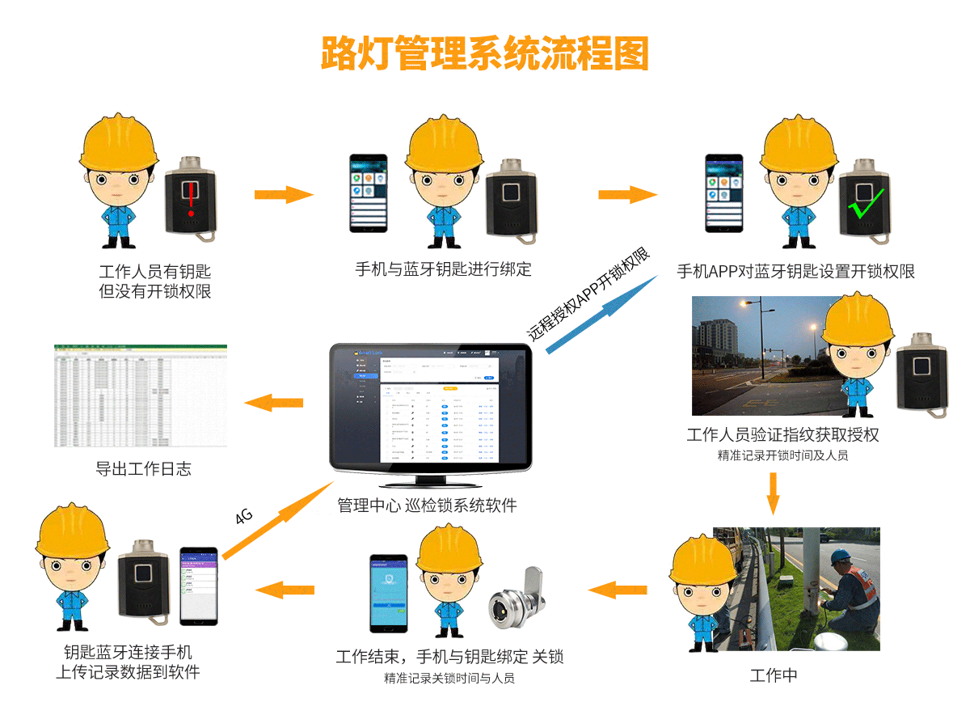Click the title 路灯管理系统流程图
point(485,54)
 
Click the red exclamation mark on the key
point(192,197)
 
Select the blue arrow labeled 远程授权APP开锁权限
point(602,312)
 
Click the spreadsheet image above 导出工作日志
point(141,396)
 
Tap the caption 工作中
point(774,676)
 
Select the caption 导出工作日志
point(143,469)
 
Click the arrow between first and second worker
point(283,194)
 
